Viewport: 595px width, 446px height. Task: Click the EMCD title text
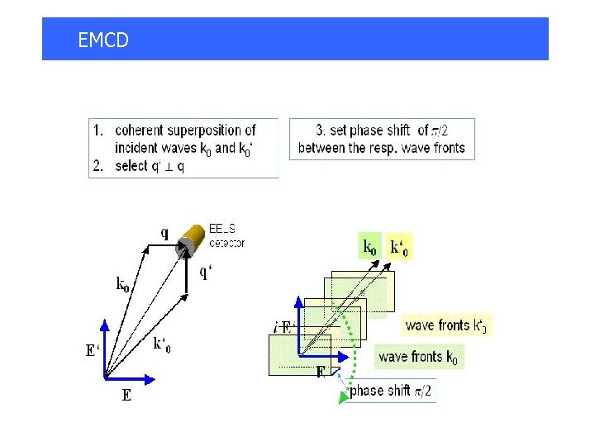(x=103, y=40)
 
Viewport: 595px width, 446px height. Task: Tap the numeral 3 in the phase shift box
(x=320, y=130)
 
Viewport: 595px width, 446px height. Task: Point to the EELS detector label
(x=227, y=235)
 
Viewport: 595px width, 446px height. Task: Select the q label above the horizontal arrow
(x=164, y=233)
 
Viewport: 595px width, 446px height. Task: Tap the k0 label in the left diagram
(x=122, y=285)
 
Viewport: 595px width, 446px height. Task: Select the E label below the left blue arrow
(x=126, y=396)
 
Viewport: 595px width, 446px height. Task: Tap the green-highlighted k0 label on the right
(x=371, y=246)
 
